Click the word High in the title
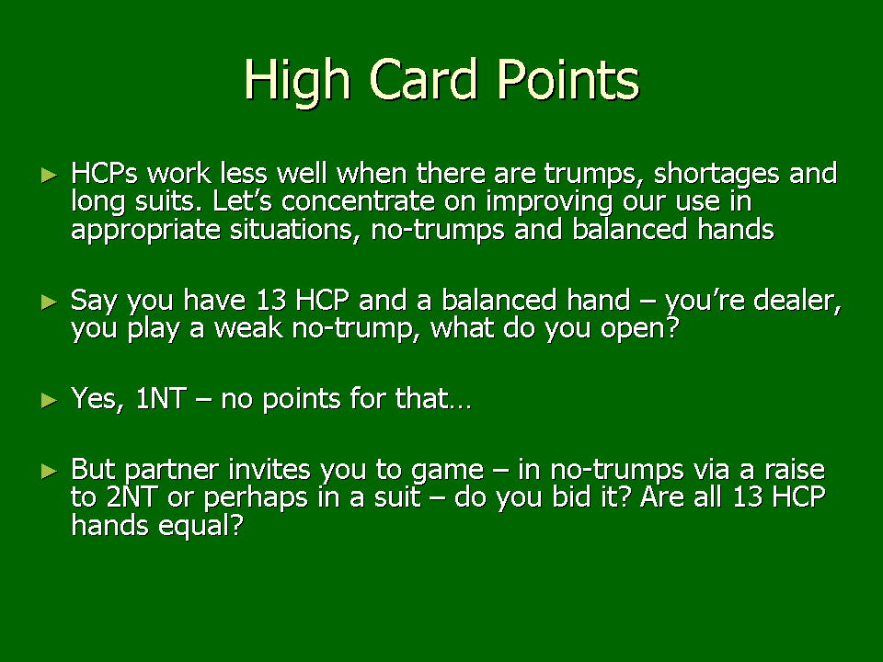[x=297, y=82]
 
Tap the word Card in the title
[x=423, y=79]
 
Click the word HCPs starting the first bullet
[x=104, y=174]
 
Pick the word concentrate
[x=358, y=201]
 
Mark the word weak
[x=248, y=328]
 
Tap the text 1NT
[x=161, y=399]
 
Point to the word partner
[x=171, y=471]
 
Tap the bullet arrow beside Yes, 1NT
[x=50, y=400]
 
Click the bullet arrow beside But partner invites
[x=50, y=471]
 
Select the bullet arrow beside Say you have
[x=50, y=302]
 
